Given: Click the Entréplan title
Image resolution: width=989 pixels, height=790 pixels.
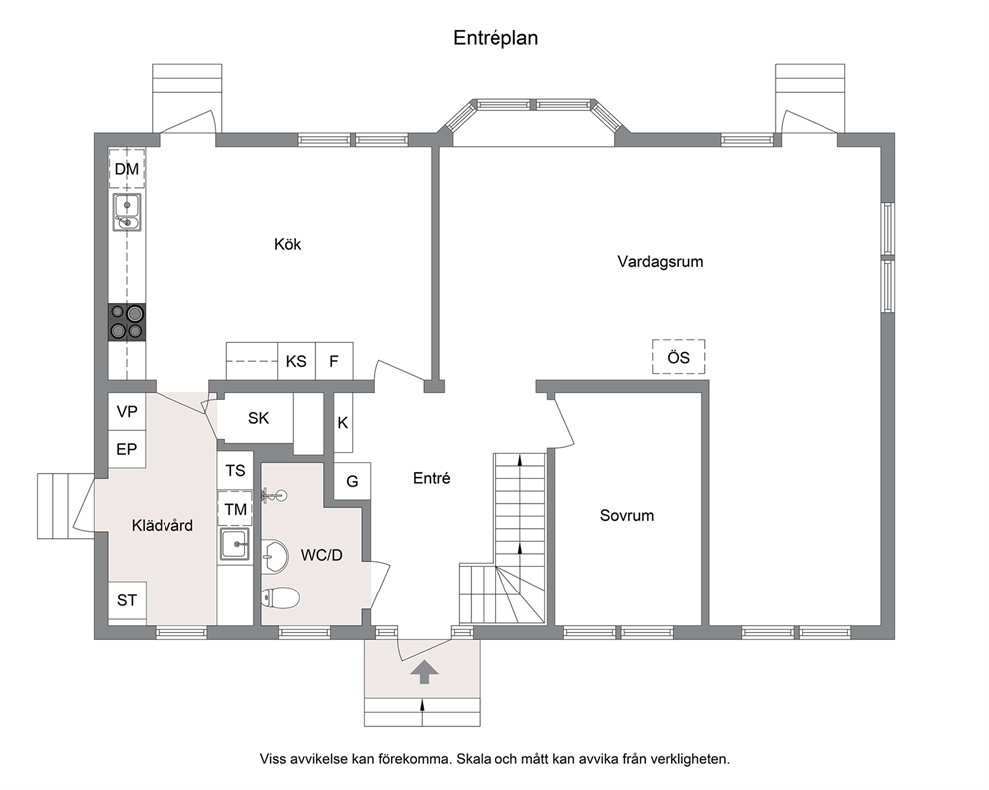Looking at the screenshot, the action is click(495, 38).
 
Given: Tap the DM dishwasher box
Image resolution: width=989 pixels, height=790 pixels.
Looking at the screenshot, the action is click(127, 169).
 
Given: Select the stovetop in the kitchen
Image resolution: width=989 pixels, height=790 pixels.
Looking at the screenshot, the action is click(127, 322).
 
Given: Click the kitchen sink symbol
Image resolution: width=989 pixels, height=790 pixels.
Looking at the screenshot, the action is click(127, 212).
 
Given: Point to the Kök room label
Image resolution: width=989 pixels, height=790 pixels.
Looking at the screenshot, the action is click(287, 244).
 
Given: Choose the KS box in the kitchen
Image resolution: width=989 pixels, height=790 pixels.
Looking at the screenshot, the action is click(296, 361).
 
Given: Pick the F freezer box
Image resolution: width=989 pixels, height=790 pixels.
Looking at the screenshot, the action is click(334, 361).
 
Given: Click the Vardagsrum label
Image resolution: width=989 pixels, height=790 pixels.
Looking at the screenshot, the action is click(660, 262).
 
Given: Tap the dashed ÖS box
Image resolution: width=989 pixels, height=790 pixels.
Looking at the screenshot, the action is click(679, 357).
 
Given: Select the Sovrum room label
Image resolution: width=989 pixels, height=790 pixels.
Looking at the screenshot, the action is click(626, 516).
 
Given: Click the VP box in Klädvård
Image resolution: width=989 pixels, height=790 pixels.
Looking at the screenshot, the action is click(127, 411).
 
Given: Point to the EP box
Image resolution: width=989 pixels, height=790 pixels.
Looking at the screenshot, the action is click(127, 449).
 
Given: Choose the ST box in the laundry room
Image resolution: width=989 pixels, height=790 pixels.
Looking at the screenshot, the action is click(127, 600).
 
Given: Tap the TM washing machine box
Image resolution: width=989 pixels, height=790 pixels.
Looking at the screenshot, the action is click(236, 509).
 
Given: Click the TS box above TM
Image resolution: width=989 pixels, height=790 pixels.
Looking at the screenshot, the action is click(236, 470).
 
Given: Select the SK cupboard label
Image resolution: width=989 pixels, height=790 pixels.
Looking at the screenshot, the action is click(258, 418).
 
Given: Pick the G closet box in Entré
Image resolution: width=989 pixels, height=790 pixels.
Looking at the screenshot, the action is click(352, 481).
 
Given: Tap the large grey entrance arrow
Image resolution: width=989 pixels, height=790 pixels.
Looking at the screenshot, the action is click(424, 672).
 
